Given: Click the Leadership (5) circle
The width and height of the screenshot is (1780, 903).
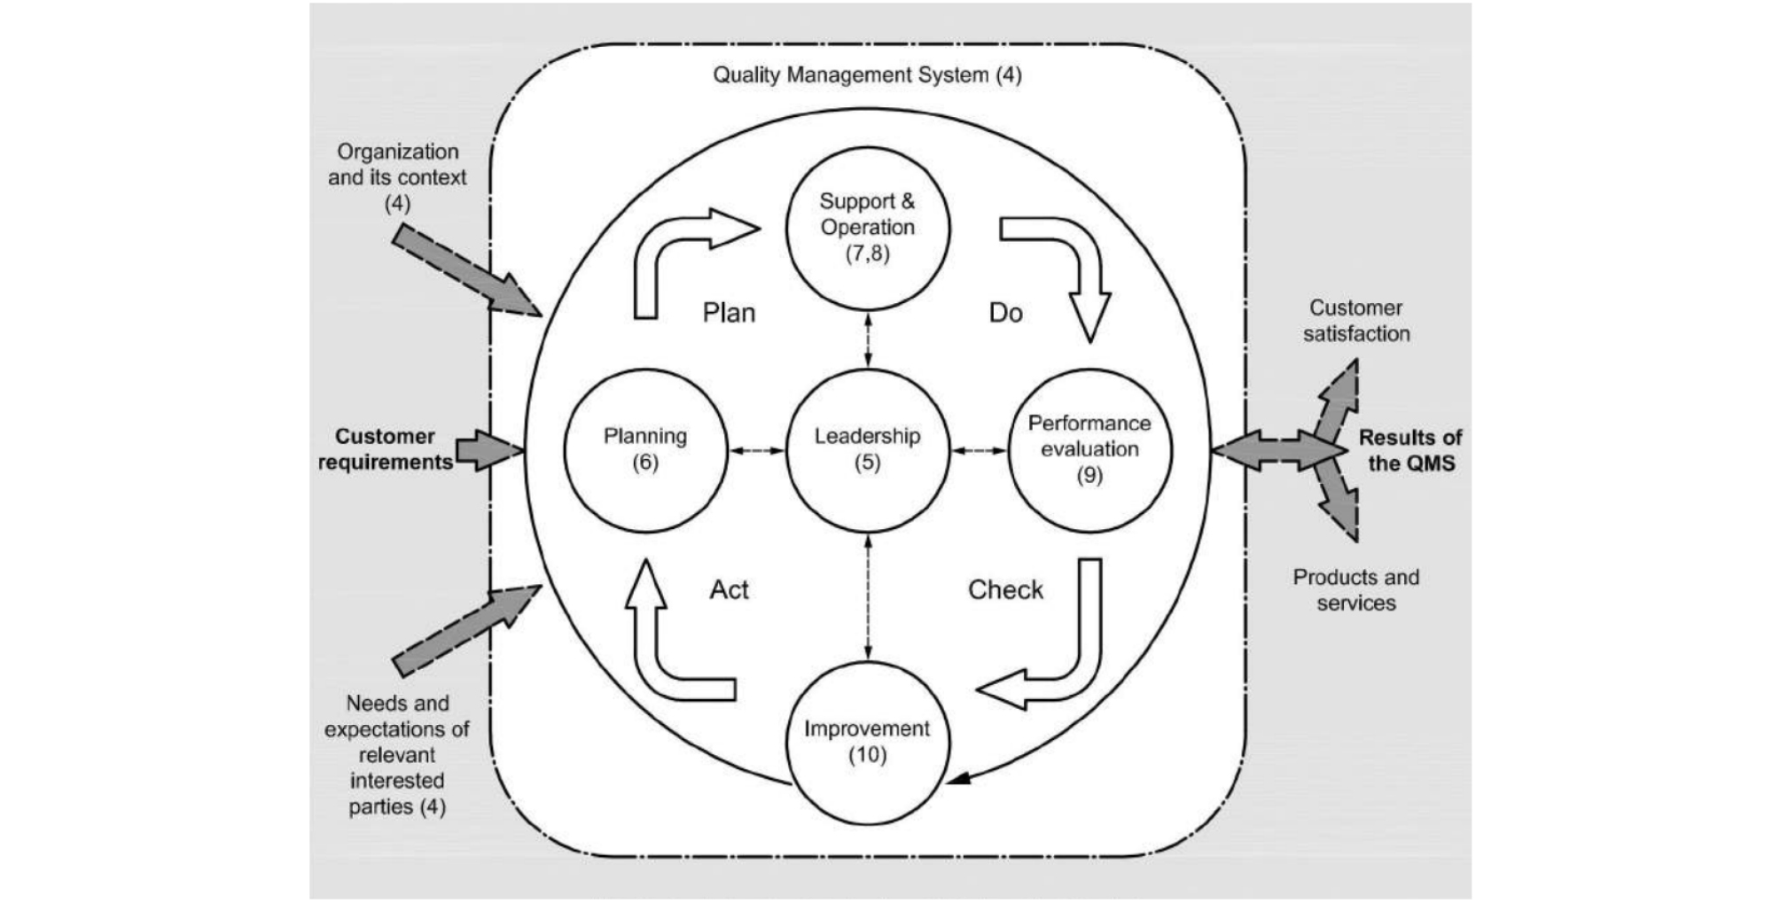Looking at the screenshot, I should tap(867, 449).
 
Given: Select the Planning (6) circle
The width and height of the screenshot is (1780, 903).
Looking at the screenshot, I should tap(645, 449).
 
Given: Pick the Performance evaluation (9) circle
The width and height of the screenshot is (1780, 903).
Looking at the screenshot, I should tap(1089, 449).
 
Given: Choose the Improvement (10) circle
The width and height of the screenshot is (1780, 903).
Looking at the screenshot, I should tap(867, 742).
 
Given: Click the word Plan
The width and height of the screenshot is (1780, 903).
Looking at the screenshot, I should tap(729, 313).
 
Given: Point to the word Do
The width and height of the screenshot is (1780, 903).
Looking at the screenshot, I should tap(1005, 313).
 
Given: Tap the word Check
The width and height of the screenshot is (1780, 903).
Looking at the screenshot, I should tap(1005, 589).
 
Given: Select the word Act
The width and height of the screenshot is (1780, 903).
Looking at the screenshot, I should tap(729, 589).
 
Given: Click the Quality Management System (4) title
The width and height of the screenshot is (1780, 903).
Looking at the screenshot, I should tap(867, 74).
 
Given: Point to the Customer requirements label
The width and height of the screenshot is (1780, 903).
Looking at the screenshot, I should tap(385, 449).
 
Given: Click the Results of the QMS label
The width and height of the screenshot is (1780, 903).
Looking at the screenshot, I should tap(1410, 450).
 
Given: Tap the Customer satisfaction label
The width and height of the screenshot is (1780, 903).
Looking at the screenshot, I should tap(1355, 321).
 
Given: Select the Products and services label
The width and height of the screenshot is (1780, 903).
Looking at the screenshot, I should tap(1355, 590).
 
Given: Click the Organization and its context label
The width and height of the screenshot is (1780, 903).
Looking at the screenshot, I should tap(396, 177).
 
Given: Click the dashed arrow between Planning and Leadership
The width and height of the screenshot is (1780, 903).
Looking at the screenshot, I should tap(757, 451).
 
